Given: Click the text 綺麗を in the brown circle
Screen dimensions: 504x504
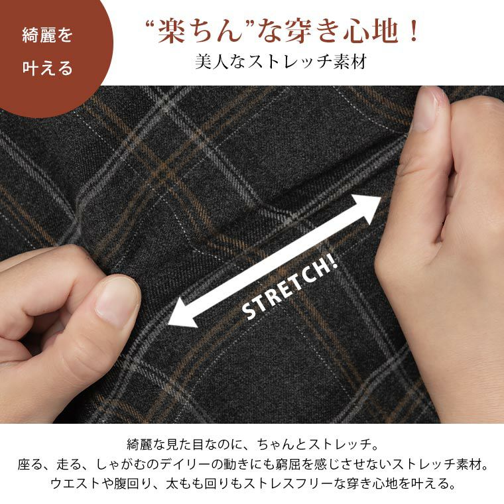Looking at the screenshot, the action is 47,35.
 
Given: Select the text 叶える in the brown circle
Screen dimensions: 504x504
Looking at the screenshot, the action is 47,68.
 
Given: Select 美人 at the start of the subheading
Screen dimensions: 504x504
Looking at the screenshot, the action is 212,62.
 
